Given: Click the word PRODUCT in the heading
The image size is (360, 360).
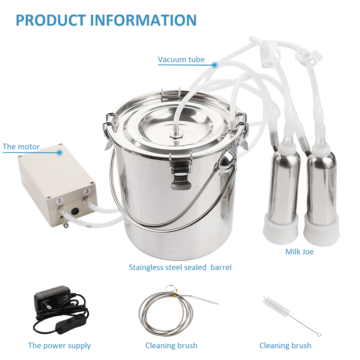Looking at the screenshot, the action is [51, 20].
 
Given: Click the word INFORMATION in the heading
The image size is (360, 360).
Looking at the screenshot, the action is [143, 20].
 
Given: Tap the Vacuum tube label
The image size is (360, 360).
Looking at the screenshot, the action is [181, 59].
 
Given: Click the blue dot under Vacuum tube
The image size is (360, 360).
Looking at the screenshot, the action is [215, 65].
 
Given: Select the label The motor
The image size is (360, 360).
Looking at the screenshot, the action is [21, 147].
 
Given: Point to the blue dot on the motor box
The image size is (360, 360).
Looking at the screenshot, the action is [60, 152].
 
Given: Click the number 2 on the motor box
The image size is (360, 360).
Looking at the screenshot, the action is [59, 201].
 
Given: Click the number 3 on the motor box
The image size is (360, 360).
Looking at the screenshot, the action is [87, 191].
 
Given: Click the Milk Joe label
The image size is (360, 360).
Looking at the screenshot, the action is [299, 252].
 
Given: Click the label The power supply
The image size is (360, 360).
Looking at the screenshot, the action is [59, 346].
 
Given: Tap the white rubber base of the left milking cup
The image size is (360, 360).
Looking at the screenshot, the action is [280, 228].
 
